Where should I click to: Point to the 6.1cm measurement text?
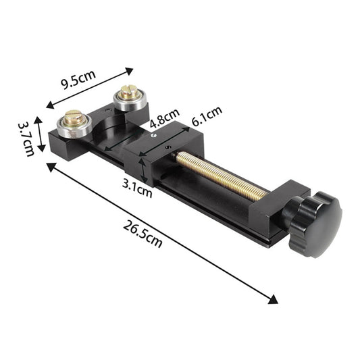point(207,119)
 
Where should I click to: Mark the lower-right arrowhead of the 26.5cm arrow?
point(273,299)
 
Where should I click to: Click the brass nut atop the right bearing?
point(128,91)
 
